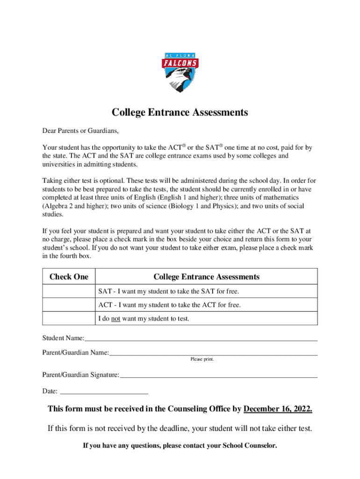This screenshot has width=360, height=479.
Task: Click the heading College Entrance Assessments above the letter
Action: (180, 113)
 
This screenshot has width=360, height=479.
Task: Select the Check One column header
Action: (69, 277)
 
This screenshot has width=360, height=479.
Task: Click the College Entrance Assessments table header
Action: (206, 277)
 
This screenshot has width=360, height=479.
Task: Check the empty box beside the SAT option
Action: (69, 291)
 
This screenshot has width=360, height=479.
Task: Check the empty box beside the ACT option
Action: (69, 305)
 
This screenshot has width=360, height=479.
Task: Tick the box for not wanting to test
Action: (69, 319)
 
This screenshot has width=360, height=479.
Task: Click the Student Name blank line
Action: (201, 339)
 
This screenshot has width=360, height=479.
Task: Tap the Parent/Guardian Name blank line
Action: (213, 353)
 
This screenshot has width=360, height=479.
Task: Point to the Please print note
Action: (202, 359)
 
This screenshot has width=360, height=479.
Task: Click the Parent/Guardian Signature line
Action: (218, 375)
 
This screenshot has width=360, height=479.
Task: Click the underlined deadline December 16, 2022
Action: (278, 410)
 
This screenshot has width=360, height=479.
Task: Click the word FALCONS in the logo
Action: (180, 63)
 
